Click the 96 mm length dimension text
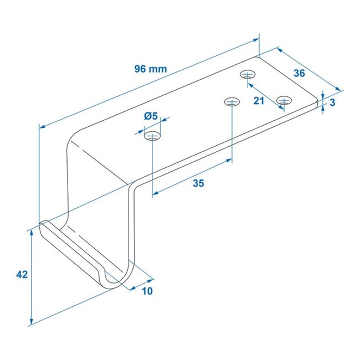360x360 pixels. point(150,69)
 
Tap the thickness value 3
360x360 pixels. point(332,102)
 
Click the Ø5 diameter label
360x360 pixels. point(150,116)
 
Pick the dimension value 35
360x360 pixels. point(198,183)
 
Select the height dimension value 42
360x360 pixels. point(22,274)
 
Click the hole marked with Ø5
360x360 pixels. point(152,136)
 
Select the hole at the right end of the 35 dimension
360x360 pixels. point(232,101)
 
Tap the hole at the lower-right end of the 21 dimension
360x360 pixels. point(284,100)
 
